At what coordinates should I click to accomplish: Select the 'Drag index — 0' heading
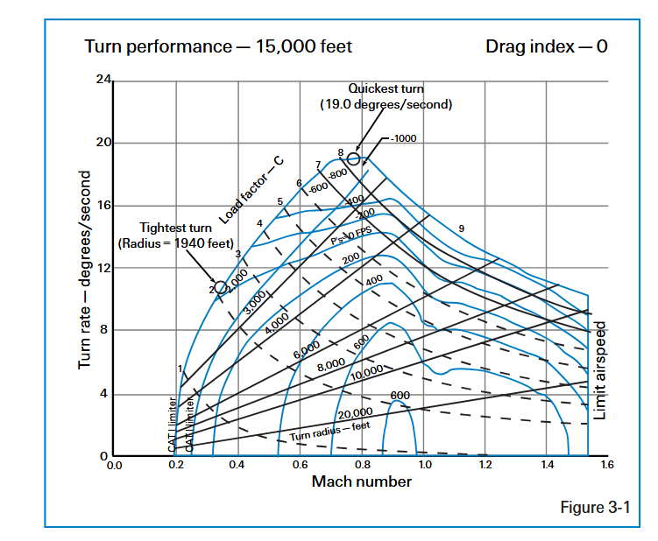(546, 46)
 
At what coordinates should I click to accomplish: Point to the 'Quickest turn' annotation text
(386, 88)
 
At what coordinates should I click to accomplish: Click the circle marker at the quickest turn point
(354, 158)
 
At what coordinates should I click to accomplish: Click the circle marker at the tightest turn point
(222, 287)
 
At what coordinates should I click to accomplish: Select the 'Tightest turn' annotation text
(175, 228)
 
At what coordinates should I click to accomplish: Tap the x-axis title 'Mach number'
(361, 481)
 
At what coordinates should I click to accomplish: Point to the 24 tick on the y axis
(103, 81)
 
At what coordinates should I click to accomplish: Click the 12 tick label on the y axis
(103, 268)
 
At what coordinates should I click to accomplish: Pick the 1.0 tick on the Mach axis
(424, 465)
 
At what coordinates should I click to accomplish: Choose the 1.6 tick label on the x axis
(607, 465)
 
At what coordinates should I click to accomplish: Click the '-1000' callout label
(405, 140)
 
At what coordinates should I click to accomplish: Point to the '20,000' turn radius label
(354, 412)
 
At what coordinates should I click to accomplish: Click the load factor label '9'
(461, 228)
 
